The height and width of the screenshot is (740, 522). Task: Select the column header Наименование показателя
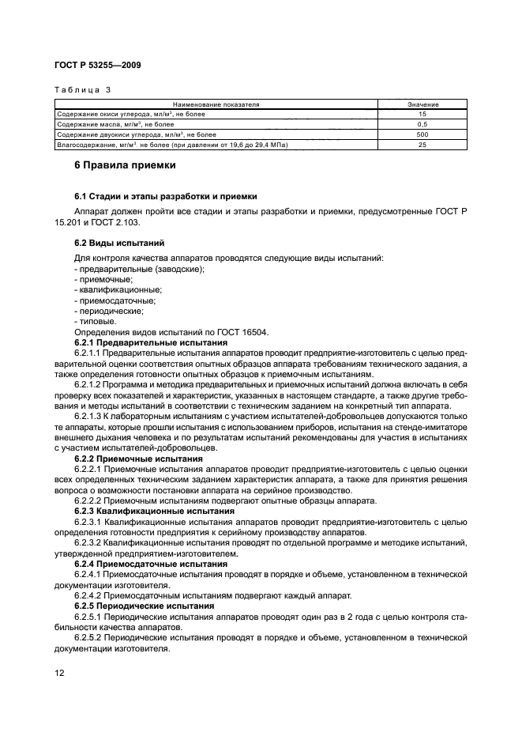click(x=216, y=104)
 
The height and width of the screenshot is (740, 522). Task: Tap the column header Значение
click(x=422, y=104)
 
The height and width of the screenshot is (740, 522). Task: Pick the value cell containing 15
click(x=422, y=115)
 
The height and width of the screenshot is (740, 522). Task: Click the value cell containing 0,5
click(x=422, y=125)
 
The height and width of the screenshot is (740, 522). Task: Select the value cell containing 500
click(x=422, y=135)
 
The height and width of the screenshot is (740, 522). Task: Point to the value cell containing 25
click(x=422, y=145)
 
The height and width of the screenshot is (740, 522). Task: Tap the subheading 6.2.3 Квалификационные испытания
click(x=154, y=512)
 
